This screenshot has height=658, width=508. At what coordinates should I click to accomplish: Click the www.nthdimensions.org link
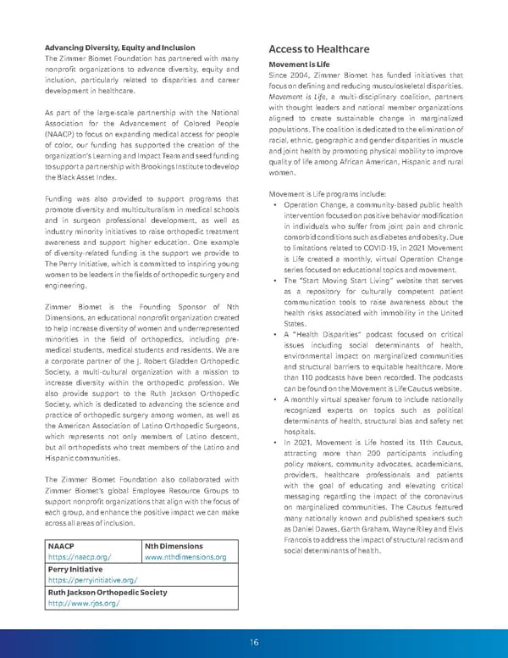tap(185, 557)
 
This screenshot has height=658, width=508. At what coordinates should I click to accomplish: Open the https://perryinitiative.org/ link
tap(93, 580)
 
